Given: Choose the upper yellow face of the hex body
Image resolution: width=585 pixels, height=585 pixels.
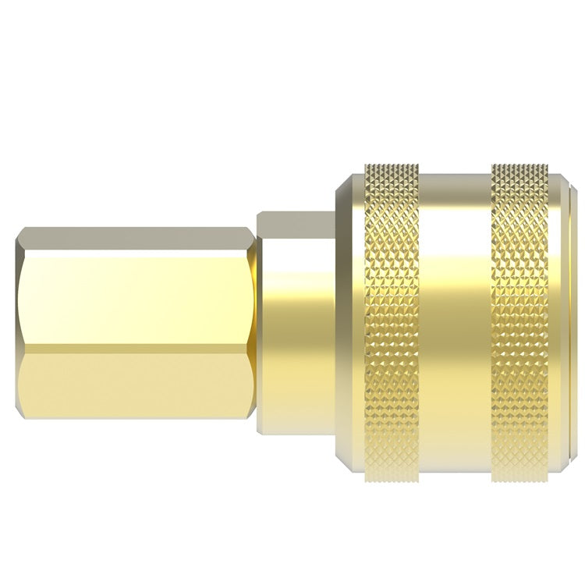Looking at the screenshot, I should tap(136, 300).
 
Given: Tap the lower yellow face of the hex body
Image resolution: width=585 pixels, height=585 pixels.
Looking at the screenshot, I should tap(136, 390).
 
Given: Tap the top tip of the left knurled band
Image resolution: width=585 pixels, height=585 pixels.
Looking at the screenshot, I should tap(392, 167).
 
